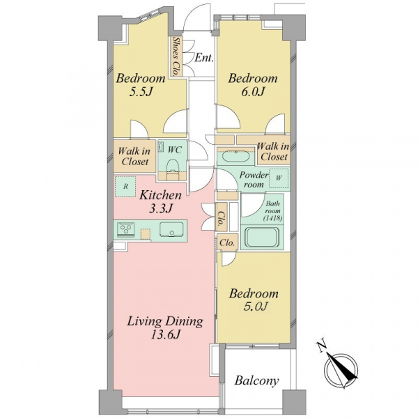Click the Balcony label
pos(256,380)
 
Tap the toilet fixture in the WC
pos(172,169)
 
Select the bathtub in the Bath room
pos(263,237)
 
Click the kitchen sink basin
pos(171,229)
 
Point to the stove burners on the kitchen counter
pos(125,229)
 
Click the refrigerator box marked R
pos(125,186)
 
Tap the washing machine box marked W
pos(279,178)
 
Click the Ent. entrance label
pos(204,58)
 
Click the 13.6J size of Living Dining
pos(166,335)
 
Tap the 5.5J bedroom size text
pos(141,92)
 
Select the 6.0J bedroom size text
pos(252,92)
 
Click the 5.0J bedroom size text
pos(255,307)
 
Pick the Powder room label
pos(254,180)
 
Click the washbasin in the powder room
pos(235,156)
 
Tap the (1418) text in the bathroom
pos(272,218)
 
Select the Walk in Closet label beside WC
pos(134,157)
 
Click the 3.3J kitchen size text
pos(161,209)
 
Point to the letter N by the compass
pos(322,346)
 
